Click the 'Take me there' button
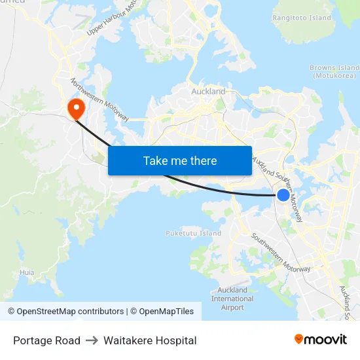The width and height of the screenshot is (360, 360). coord(180,160)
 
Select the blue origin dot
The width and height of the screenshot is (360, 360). coord(283,194)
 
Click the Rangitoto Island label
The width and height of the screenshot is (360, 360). coord(302,18)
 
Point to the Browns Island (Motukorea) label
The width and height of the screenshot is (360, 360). coord(334,71)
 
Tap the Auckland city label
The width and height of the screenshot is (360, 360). coord(208,92)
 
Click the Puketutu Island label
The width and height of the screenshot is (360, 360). coord(193,233)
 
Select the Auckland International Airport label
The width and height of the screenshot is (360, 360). coord(232,298)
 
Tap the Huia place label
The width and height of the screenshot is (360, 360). coord(27,272)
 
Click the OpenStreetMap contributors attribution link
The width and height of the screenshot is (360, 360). coord(65,312)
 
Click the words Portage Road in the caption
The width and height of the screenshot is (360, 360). coord(46,340)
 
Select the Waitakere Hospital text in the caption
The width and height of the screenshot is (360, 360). coord(150,340)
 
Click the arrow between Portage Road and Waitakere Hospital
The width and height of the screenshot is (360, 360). coord(92,340)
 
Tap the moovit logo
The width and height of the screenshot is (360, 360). coord(321,339)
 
